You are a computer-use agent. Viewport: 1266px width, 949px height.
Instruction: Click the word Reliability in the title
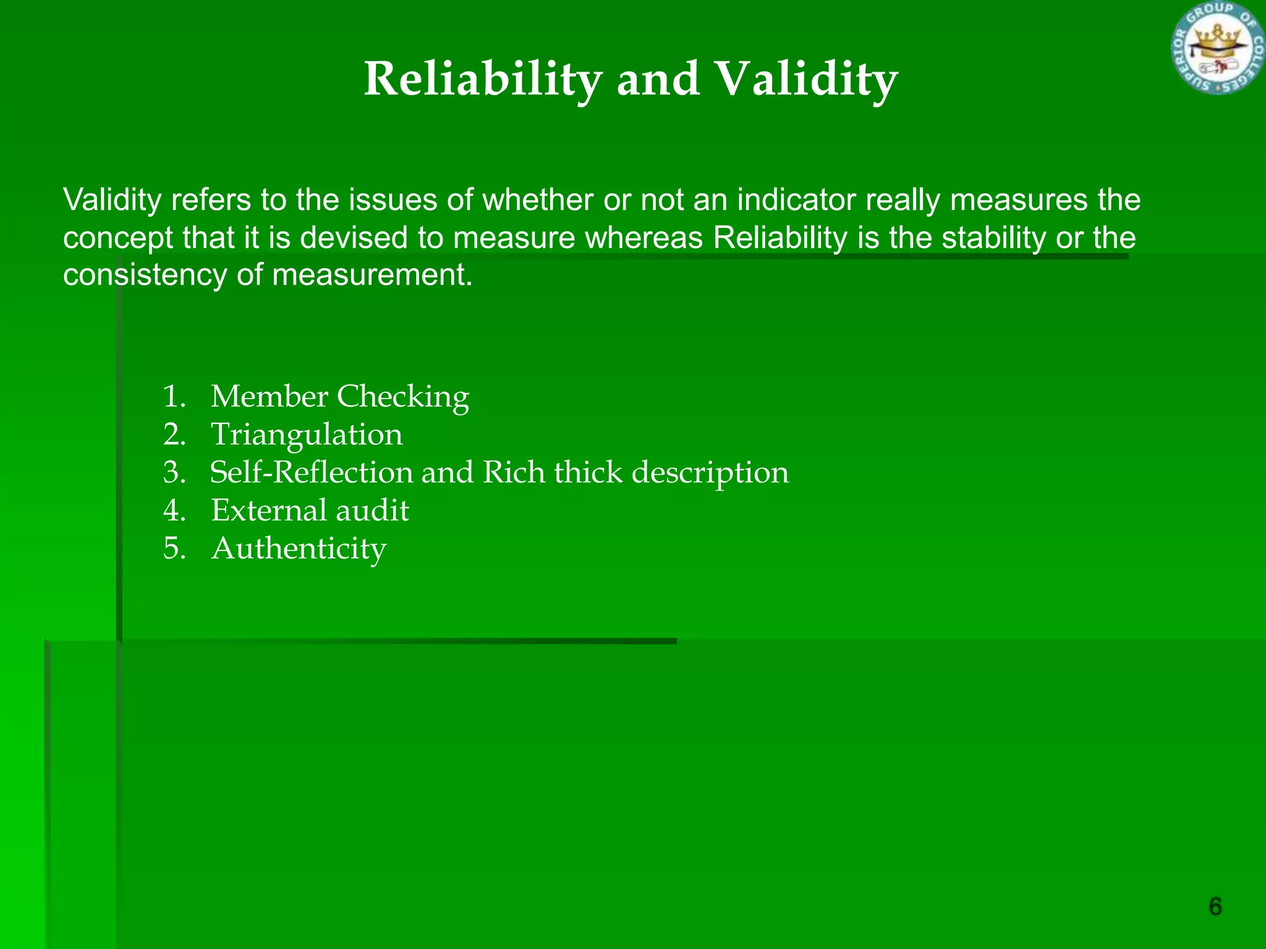point(483,80)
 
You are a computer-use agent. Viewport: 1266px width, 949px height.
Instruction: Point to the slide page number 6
point(1215,906)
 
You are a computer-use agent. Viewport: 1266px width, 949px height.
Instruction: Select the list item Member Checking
point(339,397)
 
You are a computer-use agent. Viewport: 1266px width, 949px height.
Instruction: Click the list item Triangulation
point(307,434)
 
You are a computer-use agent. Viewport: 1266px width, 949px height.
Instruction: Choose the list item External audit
point(310,510)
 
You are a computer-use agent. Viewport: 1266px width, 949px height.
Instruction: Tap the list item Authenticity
point(299,549)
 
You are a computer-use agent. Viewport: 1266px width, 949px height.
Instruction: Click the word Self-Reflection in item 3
point(311,473)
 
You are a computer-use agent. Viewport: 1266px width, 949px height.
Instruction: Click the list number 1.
point(174,397)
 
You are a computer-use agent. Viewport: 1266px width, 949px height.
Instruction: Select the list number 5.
point(174,549)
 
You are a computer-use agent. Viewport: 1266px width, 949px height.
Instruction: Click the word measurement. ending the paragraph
point(372,275)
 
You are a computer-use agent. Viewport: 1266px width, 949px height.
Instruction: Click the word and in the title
point(658,80)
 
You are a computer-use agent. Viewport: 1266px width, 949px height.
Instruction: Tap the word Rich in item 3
point(513,473)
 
